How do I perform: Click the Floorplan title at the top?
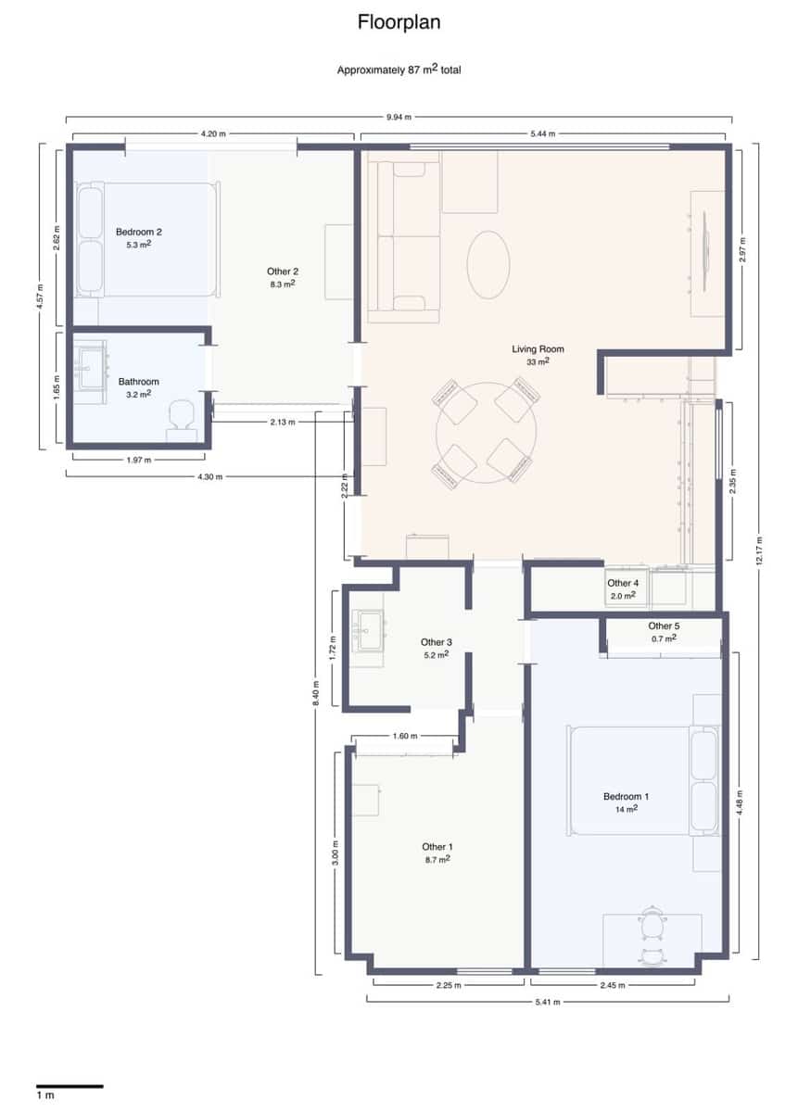(x=399, y=23)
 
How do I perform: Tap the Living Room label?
(x=538, y=349)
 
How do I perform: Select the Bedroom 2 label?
(x=139, y=232)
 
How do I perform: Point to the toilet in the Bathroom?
(x=181, y=418)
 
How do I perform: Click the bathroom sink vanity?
(x=91, y=366)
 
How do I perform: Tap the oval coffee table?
(x=488, y=264)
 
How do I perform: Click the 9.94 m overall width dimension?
(x=399, y=118)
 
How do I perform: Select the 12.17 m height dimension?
(x=759, y=551)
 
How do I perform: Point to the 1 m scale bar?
(x=70, y=1085)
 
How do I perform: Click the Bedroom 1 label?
(x=626, y=797)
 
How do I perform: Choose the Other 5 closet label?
(x=663, y=626)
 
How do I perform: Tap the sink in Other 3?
(x=368, y=631)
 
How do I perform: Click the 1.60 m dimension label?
(x=405, y=736)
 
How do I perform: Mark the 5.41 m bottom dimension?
(x=547, y=1001)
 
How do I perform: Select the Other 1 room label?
(x=437, y=847)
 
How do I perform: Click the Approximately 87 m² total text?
(x=399, y=69)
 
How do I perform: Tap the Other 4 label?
(x=623, y=584)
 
